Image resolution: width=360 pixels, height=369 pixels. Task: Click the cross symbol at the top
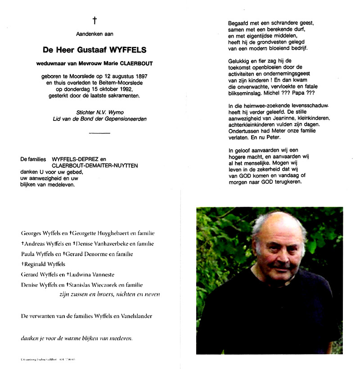click(x=95, y=20)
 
